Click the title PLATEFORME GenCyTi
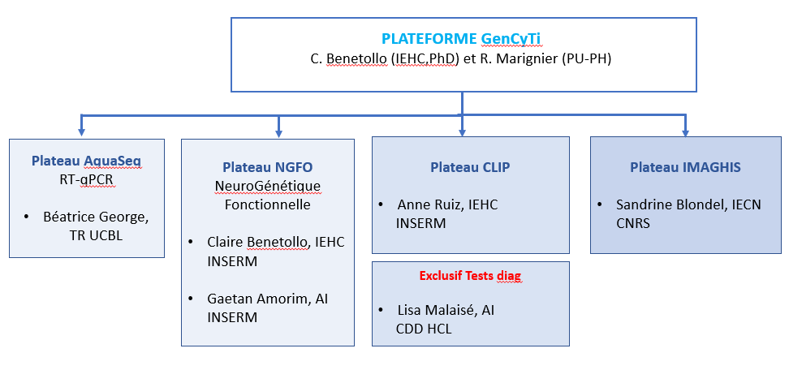(461, 39)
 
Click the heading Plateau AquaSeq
(87, 161)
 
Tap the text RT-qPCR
(87, 180)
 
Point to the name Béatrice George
(96, 217)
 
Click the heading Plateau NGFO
(268, 167)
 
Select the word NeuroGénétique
(268, 186)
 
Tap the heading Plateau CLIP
(470, 167)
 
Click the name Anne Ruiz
(429, 204)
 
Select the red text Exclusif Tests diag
(471, 276)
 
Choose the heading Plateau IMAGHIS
(685, 167)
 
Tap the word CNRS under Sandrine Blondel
(633, 223)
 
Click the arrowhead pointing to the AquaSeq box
(81, 132)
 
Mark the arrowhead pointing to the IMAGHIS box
(685, 132)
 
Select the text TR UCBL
(96, 236)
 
